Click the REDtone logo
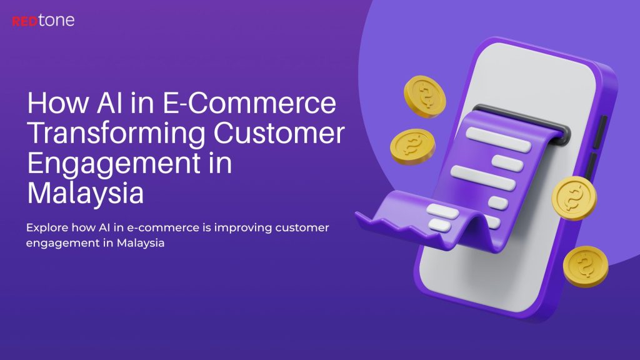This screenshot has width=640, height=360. pyautogui.click(x=42, y=21)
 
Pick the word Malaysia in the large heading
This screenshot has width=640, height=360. pyautogui.click(x=86, y=193)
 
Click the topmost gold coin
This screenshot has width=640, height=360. pyautogui.click(x=425, y=97)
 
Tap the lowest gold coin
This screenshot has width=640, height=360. pyautogui.click(x=585, y=266)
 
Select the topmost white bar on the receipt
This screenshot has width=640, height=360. pyautogui.click(x=497, y=132)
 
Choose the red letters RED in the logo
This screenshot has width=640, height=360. pyautogui.click(x=24, y=21)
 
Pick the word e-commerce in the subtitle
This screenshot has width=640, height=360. pyautogui.click(x=165, y=228)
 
